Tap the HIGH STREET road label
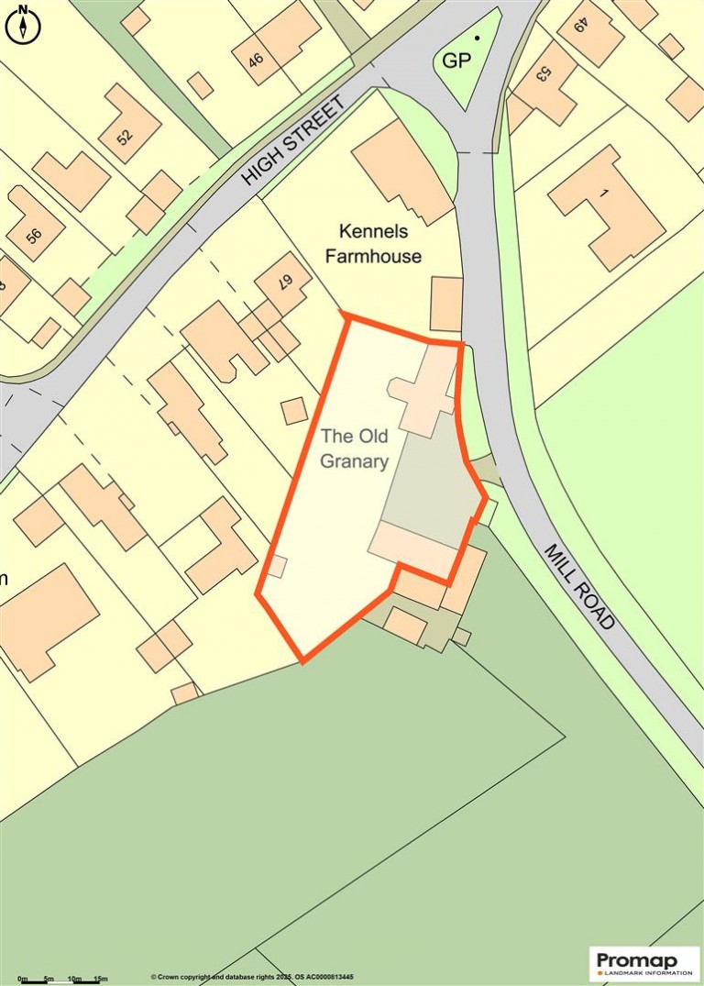(296, 139)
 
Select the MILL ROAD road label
(579, 587)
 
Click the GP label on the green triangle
(457, 62)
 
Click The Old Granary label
(354, 449)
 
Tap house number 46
(256, 61)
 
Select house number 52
(125, 136)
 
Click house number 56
(34, 235)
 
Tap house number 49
(580, 26)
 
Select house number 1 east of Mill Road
(603, 193)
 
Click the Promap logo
(643, 963)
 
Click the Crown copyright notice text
(253, 977)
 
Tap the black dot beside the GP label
(476, 39)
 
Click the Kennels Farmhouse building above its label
(402, 171)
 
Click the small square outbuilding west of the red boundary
(294, 410)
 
